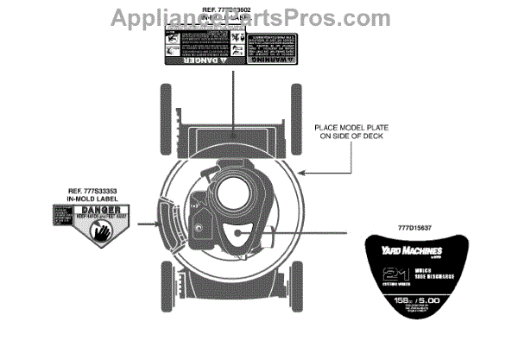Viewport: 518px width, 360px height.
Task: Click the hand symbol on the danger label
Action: point(99,231)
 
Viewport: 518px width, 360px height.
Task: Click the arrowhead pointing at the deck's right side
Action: point(301,172)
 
